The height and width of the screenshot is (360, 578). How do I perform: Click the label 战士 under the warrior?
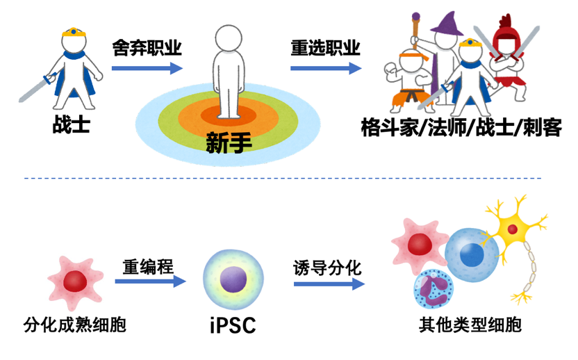coord(72,125)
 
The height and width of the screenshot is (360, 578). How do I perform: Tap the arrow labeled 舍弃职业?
coord(146,68)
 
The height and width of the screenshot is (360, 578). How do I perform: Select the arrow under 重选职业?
coord(325,68)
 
